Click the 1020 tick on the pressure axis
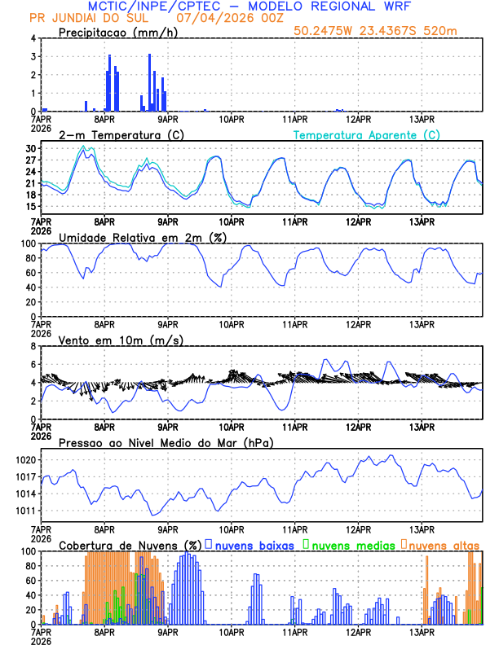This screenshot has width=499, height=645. pyautogui.click(x=25, y=460)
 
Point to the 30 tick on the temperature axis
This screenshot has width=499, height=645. pyautogui.click(x=30, y=149)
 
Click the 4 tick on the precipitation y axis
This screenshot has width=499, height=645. pyautogui.click(x=33, y=38)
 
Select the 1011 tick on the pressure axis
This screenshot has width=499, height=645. pyautogui.click(x=25, y=511)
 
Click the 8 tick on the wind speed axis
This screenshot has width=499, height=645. pyautogui.click(x=33, y=346)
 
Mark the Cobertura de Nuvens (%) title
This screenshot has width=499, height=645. pyautogui.click(x=130, y=545)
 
